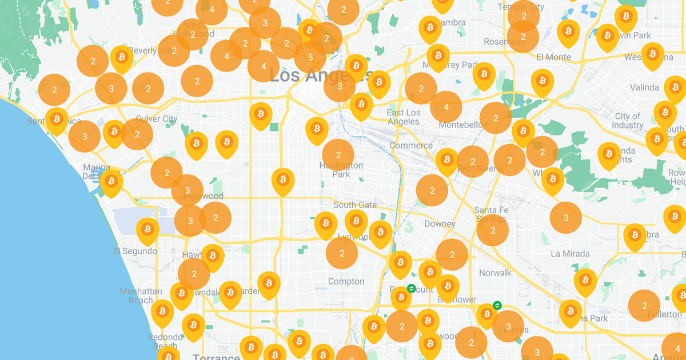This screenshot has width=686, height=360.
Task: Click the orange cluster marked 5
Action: tap(310, 57)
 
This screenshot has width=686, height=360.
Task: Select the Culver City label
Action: tap(156, 119)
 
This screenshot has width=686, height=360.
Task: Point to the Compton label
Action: tap(346, 281)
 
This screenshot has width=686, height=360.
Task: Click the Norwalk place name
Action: tap(495, 273)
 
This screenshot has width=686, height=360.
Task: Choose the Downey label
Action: tap(440, 224)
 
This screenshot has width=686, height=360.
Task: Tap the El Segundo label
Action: tap(135, 251)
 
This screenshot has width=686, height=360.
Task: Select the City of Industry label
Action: tap(628, 121)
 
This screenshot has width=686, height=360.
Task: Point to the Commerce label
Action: tap(411, 146)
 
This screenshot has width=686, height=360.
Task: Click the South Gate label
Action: tap(355, 205)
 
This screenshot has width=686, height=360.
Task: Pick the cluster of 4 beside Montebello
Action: tap(446, 107)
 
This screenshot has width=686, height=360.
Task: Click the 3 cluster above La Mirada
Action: tap(566, 218)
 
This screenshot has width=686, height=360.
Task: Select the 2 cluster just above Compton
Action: tap(342, 253)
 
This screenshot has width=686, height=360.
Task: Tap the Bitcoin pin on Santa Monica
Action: tap(56, 119)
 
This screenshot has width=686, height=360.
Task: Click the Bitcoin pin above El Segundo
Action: tap(147, 229)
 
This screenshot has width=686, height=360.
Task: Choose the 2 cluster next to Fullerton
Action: tap(644, 306)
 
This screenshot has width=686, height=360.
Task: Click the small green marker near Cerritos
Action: tap(497, 305)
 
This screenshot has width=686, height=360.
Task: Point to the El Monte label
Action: tap(553, 57)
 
